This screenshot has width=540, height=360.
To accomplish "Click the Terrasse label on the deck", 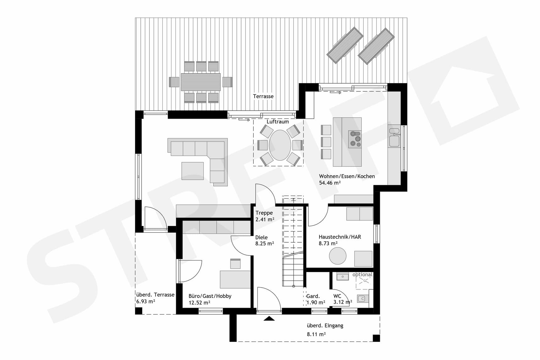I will [x=263, y=96].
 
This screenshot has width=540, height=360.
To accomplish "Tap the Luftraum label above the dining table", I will [x=278, y=122].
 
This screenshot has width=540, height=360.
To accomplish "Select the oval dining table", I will [x=280, y=145].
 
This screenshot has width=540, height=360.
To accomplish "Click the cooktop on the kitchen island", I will [x=355, y=139].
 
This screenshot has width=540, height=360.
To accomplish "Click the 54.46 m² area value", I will [x=330, y=183].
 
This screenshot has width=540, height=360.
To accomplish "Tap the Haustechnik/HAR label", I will [x=340, y=237].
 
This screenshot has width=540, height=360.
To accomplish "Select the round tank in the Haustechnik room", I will [x=337, y=256].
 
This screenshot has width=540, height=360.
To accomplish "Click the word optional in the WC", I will [x=362, y=275].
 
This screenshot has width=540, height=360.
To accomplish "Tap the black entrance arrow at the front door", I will [x=269, y=319].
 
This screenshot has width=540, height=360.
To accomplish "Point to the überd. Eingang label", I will [x=325, y=326].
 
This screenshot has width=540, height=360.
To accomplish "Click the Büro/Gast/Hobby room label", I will [x=210, y=296].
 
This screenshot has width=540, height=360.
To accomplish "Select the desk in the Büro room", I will [x=235, y=279].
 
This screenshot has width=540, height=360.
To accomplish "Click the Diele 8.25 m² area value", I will [x=264, y=244].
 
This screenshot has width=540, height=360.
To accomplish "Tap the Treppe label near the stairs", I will [x=264, y=213].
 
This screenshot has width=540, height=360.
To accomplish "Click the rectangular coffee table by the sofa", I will [x=192, y=171].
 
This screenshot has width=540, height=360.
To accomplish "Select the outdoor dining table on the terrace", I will [x=201, y=82].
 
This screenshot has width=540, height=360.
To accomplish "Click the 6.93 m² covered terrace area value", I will [x=145, y=302].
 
